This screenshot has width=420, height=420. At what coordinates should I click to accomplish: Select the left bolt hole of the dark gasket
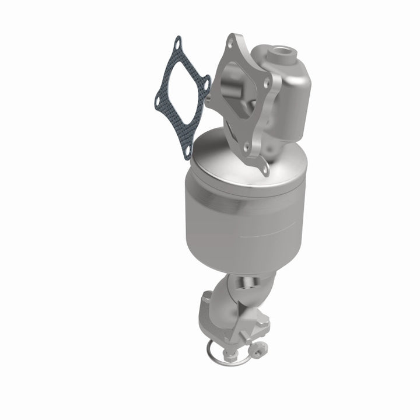(x=159, y=96)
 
